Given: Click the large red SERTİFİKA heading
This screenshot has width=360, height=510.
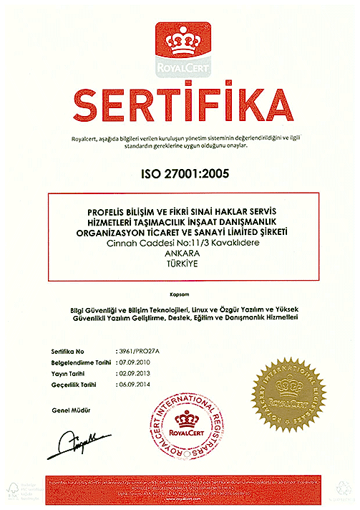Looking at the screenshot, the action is pos(180,106).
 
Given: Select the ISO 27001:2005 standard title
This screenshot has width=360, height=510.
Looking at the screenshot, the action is pos(180,173).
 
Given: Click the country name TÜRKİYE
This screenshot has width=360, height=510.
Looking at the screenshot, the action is pos(180,264).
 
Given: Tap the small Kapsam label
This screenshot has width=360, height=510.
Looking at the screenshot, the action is pos(180,294).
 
